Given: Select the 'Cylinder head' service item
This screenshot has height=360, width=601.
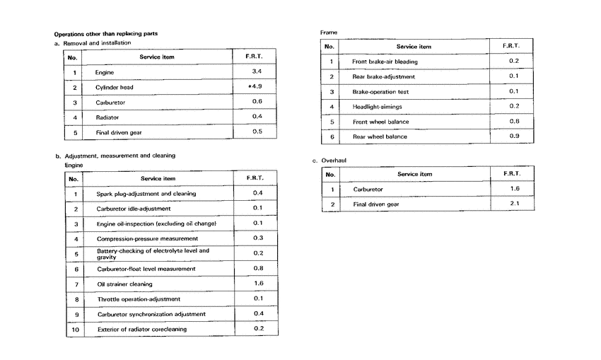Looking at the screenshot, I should [115, 87].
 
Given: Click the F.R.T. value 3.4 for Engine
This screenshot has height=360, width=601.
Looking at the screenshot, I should [257, 72].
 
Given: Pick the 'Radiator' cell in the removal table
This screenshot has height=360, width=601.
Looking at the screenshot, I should [107, 117].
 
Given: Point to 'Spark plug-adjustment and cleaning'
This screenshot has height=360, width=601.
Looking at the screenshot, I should [146, 194].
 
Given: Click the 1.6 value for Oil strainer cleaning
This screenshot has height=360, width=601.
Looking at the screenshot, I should [258, 284].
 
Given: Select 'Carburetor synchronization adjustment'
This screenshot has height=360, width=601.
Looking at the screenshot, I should [151, 314].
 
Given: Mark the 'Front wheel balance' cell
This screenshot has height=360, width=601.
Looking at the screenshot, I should [380, 122].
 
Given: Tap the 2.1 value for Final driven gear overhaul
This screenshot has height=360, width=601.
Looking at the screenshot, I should [515, 204].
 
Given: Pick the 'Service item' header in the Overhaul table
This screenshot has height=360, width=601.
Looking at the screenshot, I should [414, 174].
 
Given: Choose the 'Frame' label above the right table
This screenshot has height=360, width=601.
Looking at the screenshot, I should [329, 33].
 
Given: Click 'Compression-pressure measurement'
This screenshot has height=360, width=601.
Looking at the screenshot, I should [147, 239].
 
